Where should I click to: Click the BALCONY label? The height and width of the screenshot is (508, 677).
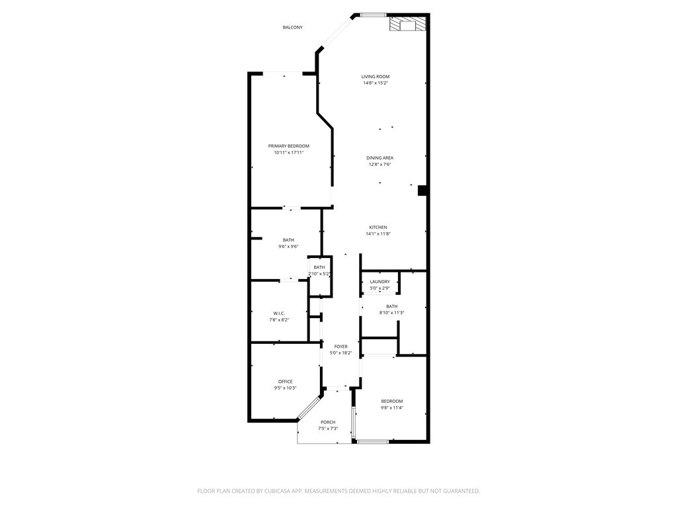[x=292, y=27]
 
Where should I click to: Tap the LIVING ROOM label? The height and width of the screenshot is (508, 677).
[x=376, y=77]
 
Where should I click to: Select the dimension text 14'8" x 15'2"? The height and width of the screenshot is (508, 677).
[x=376, y=83]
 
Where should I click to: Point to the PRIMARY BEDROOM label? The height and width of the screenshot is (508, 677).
[x=288, y=146]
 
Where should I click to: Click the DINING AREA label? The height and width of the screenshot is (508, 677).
[x=379, y=158]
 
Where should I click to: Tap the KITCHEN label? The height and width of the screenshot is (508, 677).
[x=378, y=228]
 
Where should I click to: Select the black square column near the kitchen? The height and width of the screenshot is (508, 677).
[x=422, y=190]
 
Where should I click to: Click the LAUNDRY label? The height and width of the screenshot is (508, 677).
[x=379, y=282]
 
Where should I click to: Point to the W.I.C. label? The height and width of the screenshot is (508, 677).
[x=279, y=313]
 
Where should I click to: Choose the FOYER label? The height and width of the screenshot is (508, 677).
[x=340, y=347]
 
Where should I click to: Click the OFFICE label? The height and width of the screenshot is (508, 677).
[x=285, y=382]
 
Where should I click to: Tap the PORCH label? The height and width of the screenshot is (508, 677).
[x=328, y=422]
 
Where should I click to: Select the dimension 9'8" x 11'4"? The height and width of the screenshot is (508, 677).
[x=391, y=407]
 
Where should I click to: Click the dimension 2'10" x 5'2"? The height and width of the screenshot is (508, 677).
[x=319, y=274]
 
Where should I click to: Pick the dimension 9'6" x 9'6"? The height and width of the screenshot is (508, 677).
[x=288, y=247]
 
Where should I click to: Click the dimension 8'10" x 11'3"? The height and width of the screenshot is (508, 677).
[x=391, y=313]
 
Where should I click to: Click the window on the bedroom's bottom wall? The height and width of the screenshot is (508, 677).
[x=373, y=441]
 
